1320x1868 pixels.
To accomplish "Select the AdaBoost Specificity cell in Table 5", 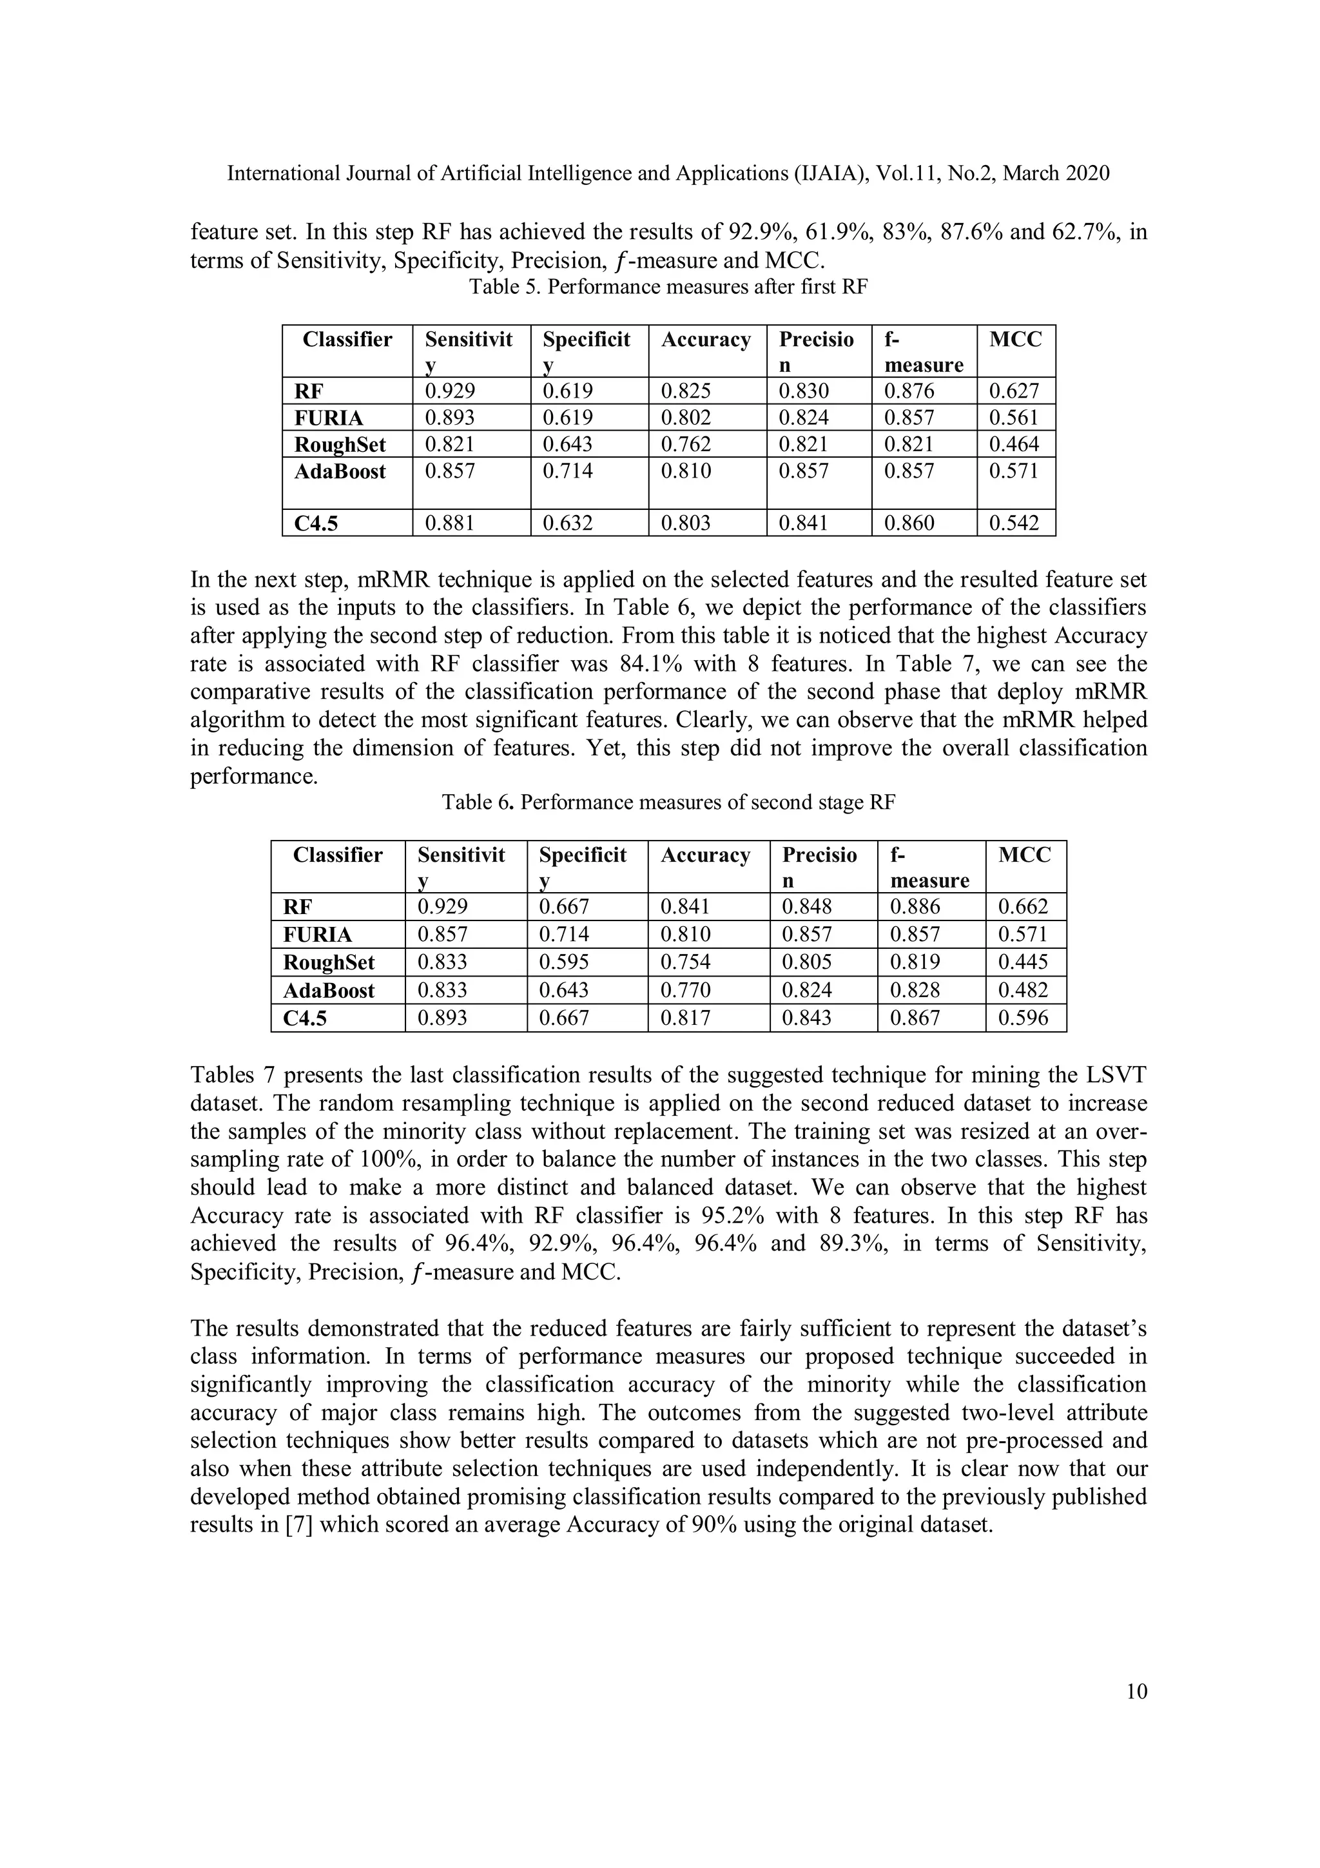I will coord(568,471).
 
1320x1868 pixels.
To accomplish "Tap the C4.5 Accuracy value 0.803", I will coord(686,523).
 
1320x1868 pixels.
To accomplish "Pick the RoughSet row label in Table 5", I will coord(340,445).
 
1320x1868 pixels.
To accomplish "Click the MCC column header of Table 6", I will coord(1025,855).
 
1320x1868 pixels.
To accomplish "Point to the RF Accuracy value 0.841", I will coord(684,906).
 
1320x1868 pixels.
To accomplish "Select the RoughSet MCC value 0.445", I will coord(1023,962).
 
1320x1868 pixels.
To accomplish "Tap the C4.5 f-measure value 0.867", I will coord(915,1018).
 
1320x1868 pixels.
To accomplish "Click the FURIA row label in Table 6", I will coord(318,935).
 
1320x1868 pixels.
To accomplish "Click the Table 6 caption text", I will coord(668,803).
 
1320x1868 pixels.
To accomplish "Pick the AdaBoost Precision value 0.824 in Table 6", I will coord(806,990).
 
